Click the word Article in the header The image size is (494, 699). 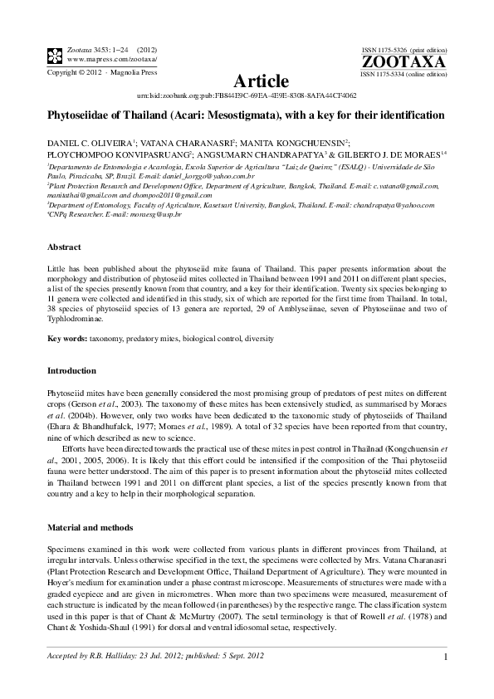tap(262, 81)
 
